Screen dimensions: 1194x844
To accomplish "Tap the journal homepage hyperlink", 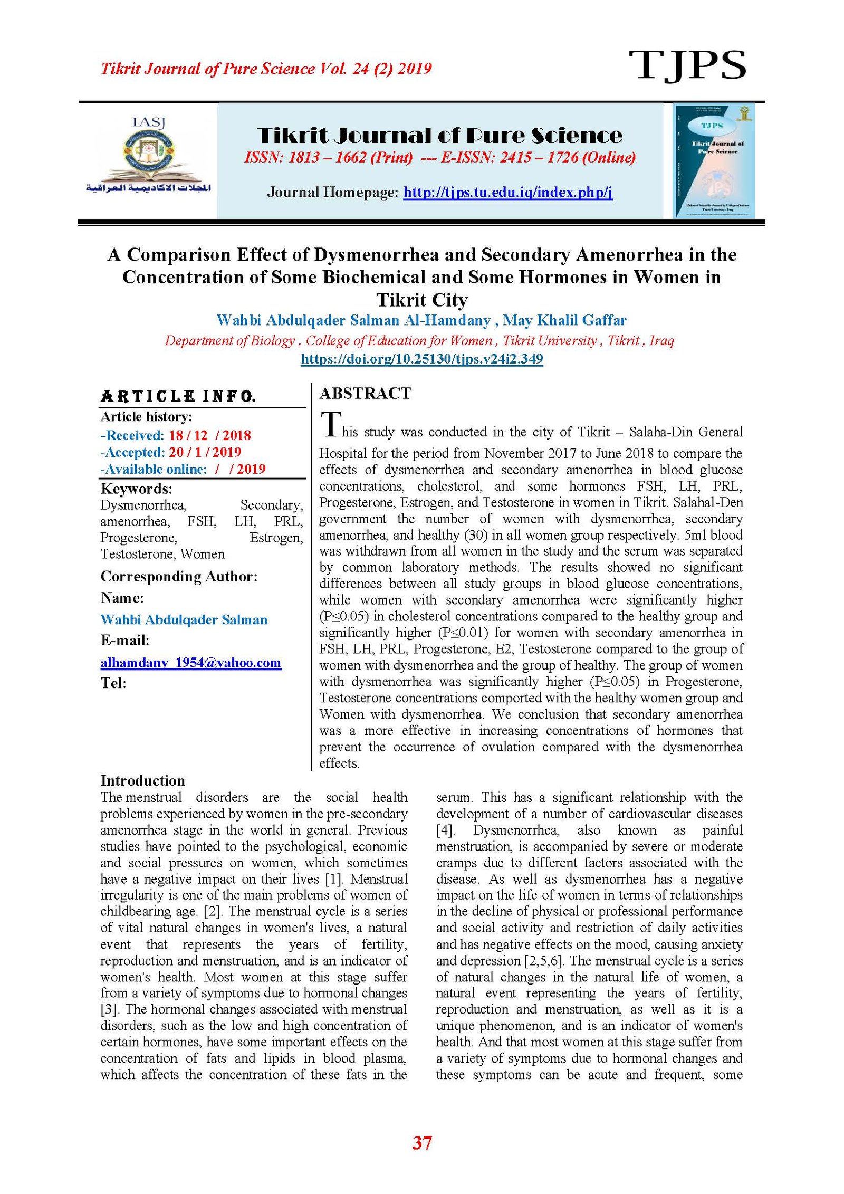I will click(x=507, y=192).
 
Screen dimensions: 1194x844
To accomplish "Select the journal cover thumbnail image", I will click(x=713, y=160).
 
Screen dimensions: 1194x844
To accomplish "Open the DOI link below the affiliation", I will click(x=421, y=359).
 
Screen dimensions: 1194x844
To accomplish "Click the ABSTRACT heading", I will click(x=365, y=394).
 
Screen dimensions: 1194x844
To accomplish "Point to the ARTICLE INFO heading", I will click(x=178, y=396).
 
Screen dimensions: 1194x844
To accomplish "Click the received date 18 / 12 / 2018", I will click(x=209, y=435).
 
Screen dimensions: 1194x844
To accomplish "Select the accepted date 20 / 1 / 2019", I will click(x=205, y=452).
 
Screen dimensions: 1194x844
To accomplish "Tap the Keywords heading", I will click(x=136, y=489).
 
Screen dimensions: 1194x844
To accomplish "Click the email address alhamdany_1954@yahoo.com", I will click(x=191, y=663).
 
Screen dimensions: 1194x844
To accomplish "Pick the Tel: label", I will click(x=113, y=683).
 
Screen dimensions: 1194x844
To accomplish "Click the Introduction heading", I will click(x=142, y=781).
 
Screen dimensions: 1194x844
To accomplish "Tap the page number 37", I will click(x=422, y=1143).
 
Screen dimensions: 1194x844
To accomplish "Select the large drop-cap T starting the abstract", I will click(x=331, y=425).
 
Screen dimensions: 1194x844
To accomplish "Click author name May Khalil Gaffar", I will click(x=564, y=320).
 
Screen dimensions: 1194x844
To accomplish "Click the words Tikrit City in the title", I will click(x=421, y=300).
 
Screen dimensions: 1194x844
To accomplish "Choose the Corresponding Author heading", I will click(x=179, y=576).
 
